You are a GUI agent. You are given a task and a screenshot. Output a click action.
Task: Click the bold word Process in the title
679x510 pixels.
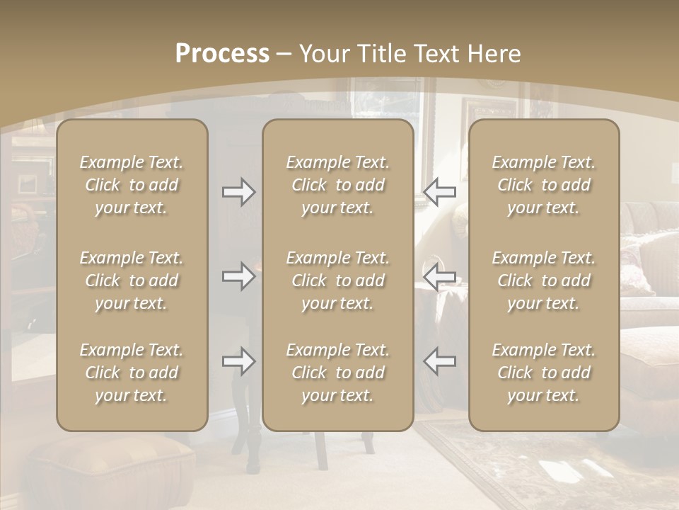pos(222,54)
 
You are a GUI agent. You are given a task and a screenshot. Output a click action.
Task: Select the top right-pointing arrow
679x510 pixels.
pos(239,191)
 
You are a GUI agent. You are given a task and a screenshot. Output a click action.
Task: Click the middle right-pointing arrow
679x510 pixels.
pos(239,276)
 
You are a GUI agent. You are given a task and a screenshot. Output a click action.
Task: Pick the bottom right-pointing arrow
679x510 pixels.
pos(239,361)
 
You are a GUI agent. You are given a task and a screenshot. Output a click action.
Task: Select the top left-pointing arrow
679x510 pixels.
pos(439,191)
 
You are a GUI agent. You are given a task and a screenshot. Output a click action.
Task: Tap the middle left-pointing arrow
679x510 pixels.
pos(439,276)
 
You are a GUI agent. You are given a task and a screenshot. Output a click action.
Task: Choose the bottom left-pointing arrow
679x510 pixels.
pos(439,361)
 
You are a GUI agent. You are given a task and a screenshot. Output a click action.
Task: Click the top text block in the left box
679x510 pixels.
pos(132,185)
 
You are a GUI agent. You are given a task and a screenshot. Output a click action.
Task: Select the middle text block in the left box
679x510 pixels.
pos(132,280)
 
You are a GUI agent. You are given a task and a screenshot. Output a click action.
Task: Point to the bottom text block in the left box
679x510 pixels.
pos(132,373)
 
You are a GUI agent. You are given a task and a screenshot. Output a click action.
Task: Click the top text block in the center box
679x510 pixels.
pos(337,185)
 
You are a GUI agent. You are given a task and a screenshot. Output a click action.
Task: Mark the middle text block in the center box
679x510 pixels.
pos(337,280)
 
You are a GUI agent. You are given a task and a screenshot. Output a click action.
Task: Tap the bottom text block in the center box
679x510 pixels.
pos(337,373)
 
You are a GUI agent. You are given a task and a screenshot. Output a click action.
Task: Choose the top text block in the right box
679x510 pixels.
pos(544,185)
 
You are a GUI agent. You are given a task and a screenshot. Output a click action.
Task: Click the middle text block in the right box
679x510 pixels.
pos(544,280)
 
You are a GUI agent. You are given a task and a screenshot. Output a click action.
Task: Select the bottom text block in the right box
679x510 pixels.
pos(544,373)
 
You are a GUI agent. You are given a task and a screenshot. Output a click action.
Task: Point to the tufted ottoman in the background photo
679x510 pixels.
pos(106,471)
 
